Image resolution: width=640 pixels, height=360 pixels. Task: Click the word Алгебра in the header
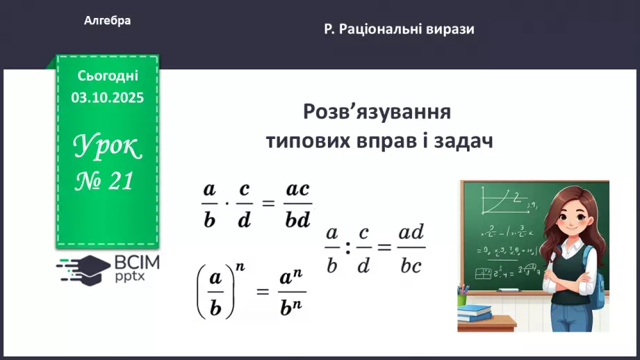107,21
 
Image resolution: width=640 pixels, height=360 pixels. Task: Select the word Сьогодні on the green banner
108,75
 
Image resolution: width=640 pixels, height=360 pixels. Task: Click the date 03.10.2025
108,98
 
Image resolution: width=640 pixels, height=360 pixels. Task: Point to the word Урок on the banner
108,147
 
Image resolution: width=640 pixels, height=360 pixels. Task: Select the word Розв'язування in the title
377,112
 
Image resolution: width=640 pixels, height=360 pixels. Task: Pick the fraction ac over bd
298,206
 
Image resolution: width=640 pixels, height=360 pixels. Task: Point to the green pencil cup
462,299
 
